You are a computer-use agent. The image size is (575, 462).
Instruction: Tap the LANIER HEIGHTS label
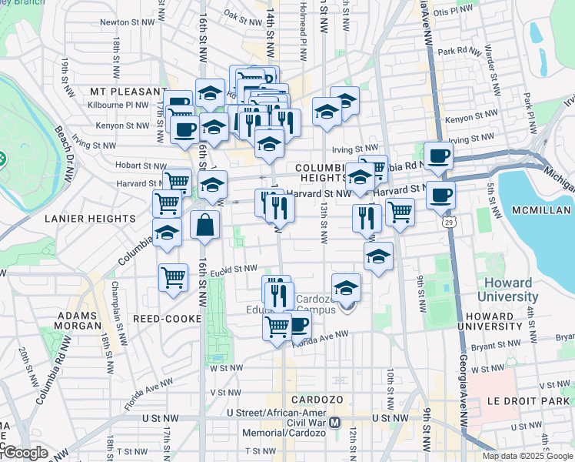pos(90,219)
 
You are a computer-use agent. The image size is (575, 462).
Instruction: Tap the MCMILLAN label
pos(541,210)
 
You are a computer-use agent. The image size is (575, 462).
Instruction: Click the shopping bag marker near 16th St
pos(205,226)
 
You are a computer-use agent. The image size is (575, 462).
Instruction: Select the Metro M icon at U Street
pos(334,423)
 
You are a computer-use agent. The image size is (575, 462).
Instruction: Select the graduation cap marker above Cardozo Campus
pos(347,287)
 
